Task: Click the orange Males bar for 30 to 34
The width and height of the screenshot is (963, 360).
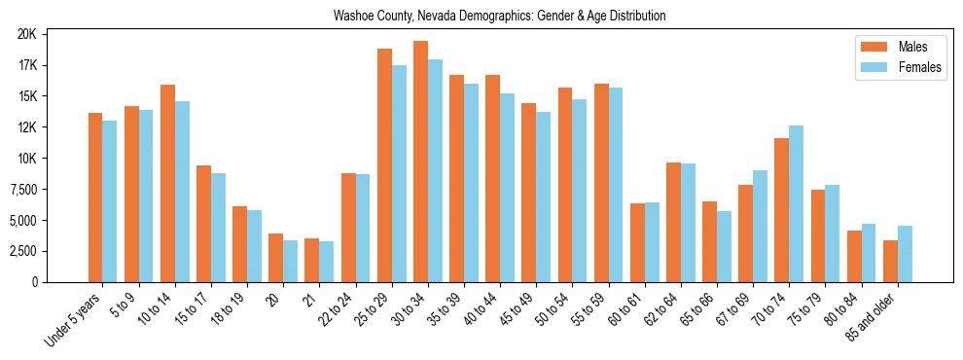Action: pyautogui.click(x=420, y=162)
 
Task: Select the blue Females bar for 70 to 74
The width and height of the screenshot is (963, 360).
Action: pyautogui.click(x=796, y=204)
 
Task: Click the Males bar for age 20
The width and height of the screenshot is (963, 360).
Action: pyautogui.click(x=276, y=258)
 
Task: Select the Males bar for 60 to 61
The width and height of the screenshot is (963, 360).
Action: pyautogui.click(x=637, y=242)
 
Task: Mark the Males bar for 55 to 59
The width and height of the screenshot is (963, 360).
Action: pyautogui.click(x=601, y=183)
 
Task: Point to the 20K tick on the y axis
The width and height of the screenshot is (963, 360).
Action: pyautogui.click(x=27, y=34)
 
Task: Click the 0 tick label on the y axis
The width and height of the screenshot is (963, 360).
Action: pyautogui.click(x=33, y=282)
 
